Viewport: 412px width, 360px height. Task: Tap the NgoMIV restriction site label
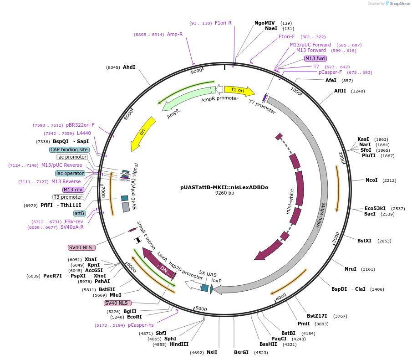[x=264, y=23]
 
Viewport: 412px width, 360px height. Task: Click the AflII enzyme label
[x=340, y=91]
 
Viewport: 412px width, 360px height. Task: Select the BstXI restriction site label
[x=364, y=241]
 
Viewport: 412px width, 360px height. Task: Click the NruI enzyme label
[x=350, y=269]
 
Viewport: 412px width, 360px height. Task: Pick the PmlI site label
[x=304, y=324]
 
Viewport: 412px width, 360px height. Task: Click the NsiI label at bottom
[x=212, y=352]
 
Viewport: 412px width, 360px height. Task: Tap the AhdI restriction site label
[x=129, y=67]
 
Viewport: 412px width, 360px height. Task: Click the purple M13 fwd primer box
[x=315, y=58]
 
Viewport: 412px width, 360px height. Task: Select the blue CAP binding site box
[x=69, y=149]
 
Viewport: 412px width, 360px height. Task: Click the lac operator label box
[x=70, y=173]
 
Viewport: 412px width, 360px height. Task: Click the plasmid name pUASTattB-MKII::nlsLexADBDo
[x=224, y=187]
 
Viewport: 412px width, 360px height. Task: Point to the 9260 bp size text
[x=224, y=193]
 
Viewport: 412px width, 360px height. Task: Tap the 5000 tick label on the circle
[x=201, y=309]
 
